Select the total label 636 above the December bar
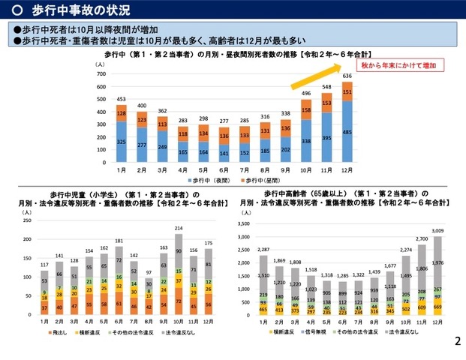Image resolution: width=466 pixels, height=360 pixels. [x=347, y=76]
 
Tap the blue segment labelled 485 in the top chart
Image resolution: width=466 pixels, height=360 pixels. [x=347, y=132]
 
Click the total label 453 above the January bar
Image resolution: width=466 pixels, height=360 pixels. [x=121, y=99]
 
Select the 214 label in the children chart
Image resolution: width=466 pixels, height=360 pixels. [x=179, y=228]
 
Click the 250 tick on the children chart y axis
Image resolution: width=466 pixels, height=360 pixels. [x=28, y=220]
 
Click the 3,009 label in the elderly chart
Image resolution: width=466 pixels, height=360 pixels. [x=437, y=231]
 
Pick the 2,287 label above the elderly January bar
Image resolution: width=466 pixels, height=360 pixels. [x=263, y=249]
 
